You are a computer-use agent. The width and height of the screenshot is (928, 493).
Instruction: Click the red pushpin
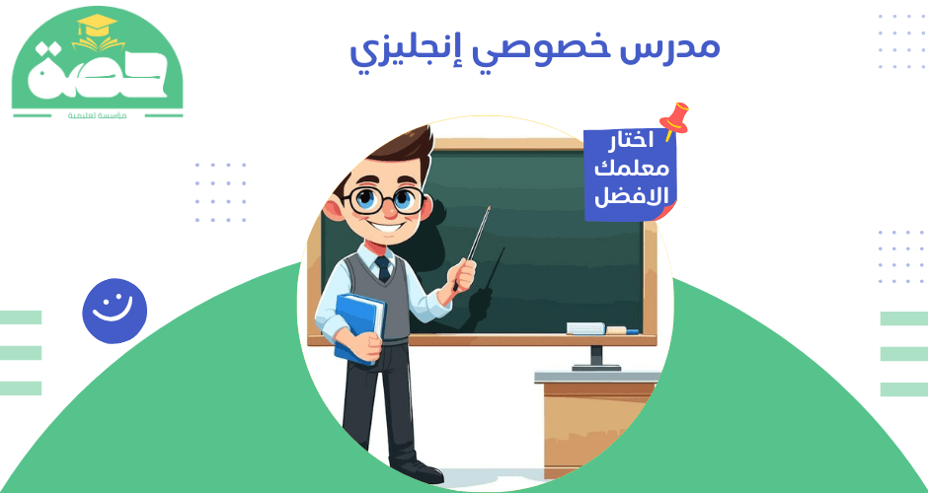point(675,119)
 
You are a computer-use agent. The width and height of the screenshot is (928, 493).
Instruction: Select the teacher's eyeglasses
point(386,200)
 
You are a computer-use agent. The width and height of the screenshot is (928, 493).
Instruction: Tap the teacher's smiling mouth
point(388,228)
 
